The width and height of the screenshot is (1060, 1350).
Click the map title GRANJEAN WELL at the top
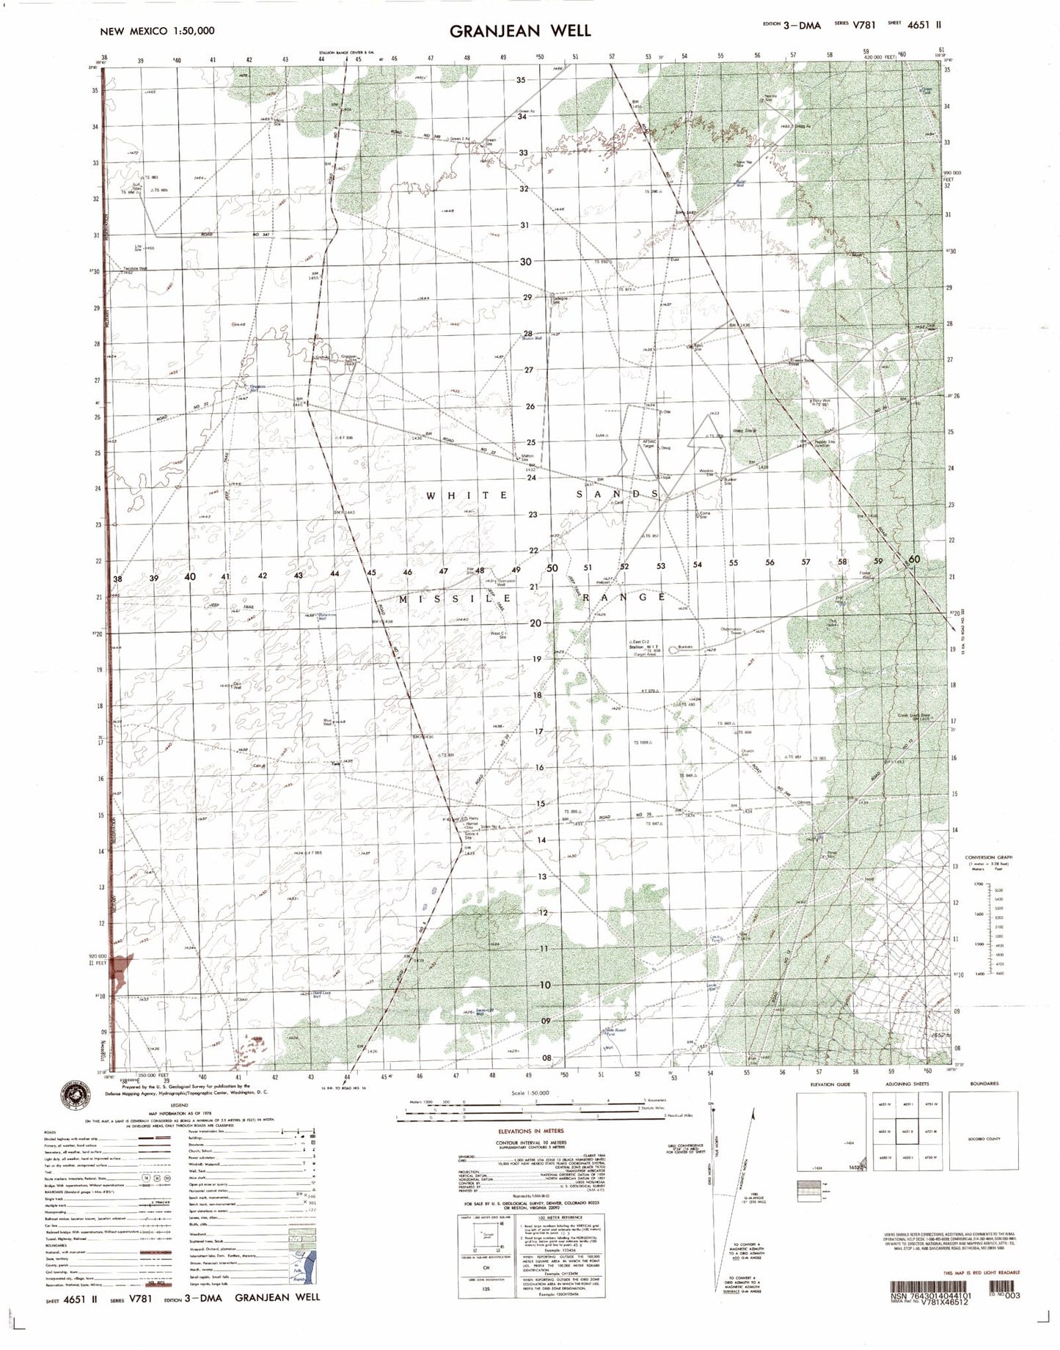pos(519,30)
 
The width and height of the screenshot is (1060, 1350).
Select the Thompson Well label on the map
pos(497,583)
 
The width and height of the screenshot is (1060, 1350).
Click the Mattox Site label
pos(527,457)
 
